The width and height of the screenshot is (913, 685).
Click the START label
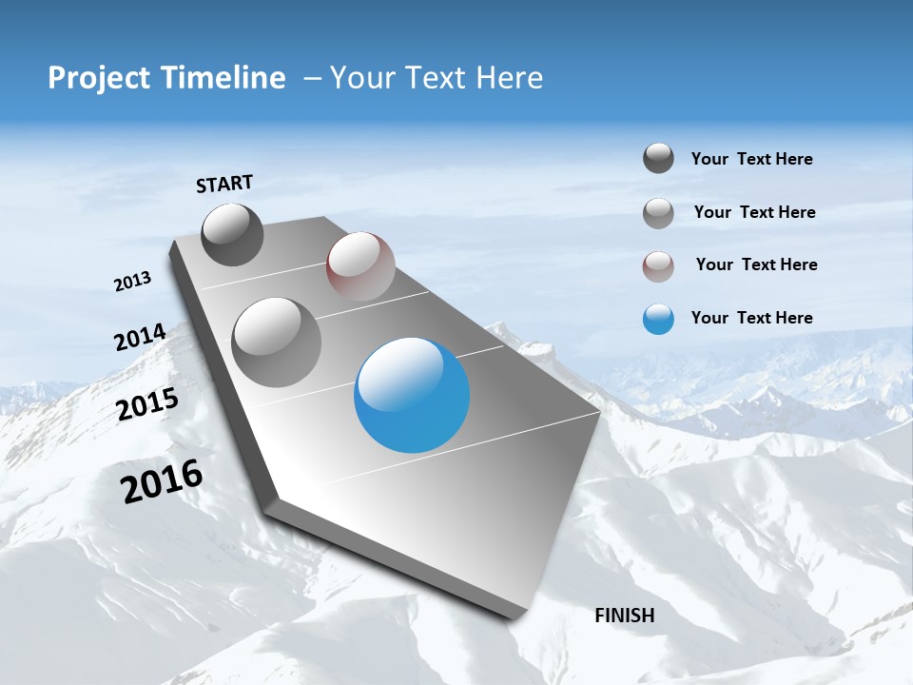(x=224, y=184)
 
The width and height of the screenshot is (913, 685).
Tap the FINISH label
(x=624, y=616)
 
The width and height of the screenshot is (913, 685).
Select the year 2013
(x=132, y=282)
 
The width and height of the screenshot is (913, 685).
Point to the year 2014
(x=140, y=338)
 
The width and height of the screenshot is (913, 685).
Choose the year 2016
(x=162, y=481)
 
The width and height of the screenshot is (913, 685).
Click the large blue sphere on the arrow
(x=412, y=395)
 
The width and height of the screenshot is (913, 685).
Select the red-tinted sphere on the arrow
(x=360, y=266)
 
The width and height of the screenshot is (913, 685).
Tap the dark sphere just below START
(x=233, y=235)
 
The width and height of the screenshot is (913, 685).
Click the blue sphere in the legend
(x=658, y=319)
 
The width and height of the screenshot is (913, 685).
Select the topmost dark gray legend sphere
(x=658, y=159)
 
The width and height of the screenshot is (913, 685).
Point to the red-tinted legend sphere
(x=658, y=265)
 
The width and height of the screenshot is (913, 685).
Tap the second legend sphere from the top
(x=658, y=213)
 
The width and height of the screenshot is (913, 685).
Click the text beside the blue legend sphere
(x=751, y=318)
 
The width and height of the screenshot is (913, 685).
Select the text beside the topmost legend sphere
(x=751, y=159)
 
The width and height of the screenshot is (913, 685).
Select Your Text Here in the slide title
(x=436, y=78)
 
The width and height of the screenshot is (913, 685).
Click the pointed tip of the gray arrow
(x=519, y=614)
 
